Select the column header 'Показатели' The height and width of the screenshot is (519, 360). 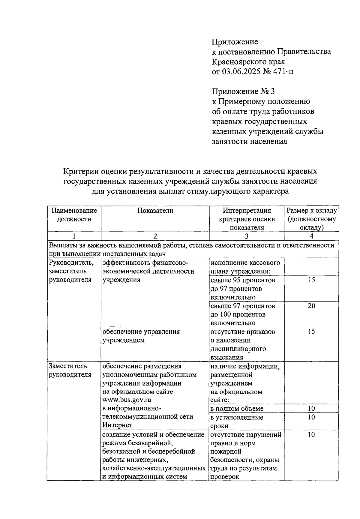[x=155, y=211]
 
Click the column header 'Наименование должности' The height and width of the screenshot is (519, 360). [x=74, y=215]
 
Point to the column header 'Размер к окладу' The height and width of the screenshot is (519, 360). [x=311, y=211]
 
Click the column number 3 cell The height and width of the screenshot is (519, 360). [x=246, y=236]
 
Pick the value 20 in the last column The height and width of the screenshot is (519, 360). [x=311, y=306]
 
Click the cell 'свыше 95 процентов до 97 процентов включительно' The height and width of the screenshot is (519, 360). [x=243, y=289]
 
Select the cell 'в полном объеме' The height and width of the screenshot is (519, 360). [x=237, y=409]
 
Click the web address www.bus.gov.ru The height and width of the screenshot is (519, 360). [x=127, y=400]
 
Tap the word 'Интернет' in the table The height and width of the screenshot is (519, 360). [x=117, y=425]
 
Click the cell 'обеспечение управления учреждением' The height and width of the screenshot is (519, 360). [x=141, y=336]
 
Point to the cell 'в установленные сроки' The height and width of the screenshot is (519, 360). [x=237, y=421]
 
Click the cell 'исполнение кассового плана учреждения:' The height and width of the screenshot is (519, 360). [x=245, y=267]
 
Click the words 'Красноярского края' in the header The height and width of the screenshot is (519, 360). [x=248, y=62]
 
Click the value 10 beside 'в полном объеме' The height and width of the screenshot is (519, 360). [x=311, y=409]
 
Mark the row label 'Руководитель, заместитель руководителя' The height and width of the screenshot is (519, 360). [x=71, y=271]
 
